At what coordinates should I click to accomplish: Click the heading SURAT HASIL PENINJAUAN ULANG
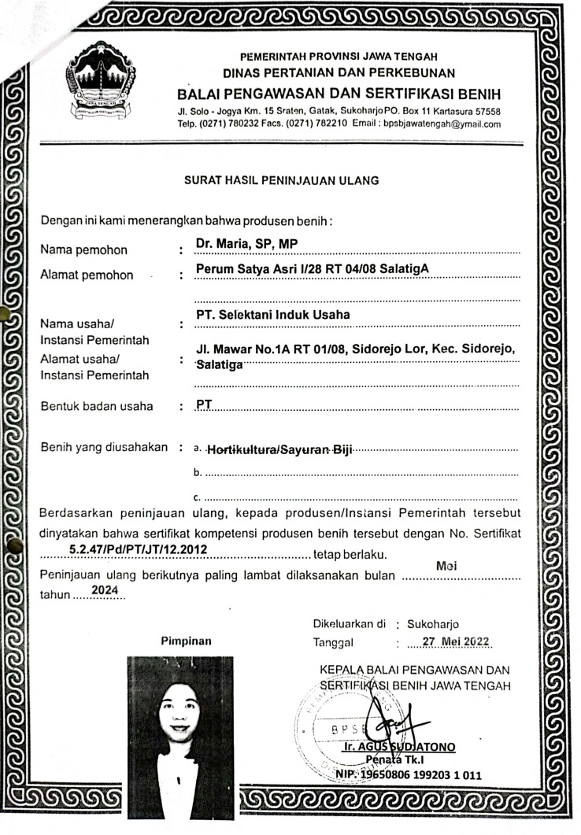tap(281, 180)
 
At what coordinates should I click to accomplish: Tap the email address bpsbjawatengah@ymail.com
tap(442, 124)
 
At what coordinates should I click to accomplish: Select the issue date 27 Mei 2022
tap(456, 641)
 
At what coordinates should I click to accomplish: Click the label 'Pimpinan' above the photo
tap(186, 641)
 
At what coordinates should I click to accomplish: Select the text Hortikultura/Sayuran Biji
tap(279, 450)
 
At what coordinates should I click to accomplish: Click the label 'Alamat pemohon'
tap(87, 275)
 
